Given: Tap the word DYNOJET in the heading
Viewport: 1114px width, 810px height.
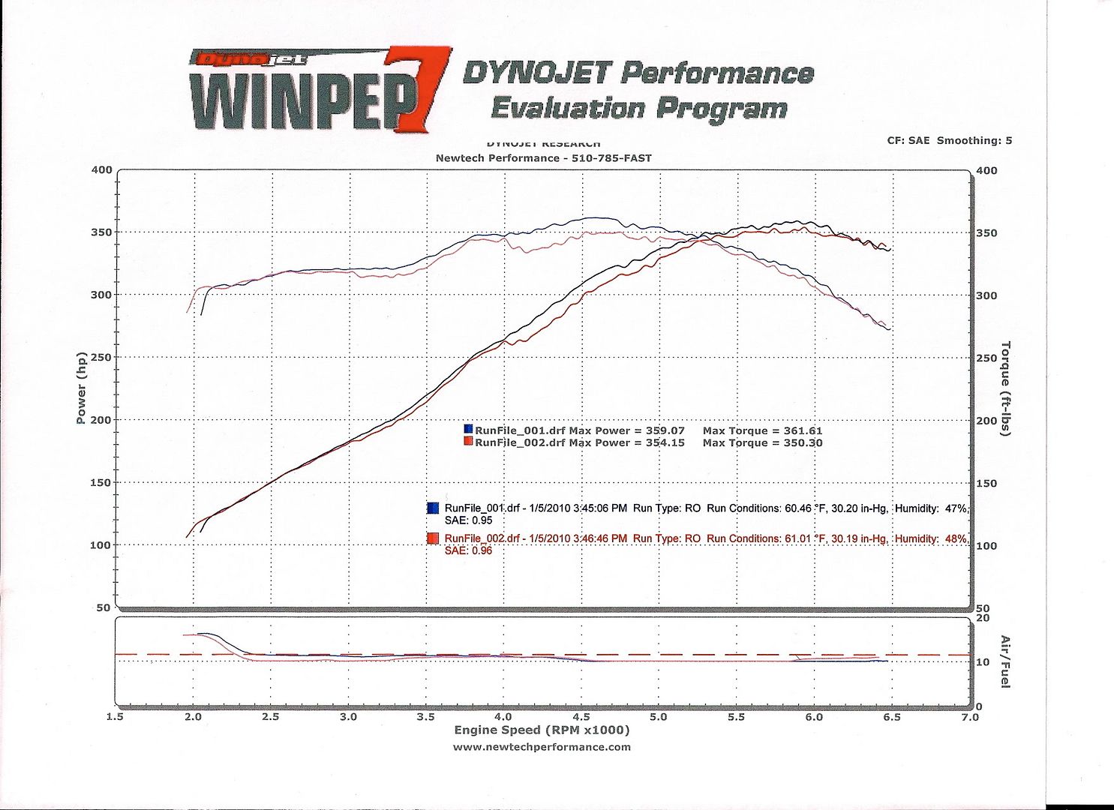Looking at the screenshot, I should (x=536, y=73).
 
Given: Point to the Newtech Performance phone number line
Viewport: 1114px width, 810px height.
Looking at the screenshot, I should (x=543, y=158).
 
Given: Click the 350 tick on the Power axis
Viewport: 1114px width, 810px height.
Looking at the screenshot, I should (x=101, y=232).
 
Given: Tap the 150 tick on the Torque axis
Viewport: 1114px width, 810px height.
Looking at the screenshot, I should (x=986, y=483).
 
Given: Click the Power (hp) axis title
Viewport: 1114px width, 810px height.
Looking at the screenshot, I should (x=81, y=387).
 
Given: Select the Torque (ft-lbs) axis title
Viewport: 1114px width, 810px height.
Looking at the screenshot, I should (x=1005, y=388).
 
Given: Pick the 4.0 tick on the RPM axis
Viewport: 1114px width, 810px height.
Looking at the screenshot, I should (x=503, y=717).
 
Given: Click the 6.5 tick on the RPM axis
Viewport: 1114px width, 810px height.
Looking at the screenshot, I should (x=891, y=717).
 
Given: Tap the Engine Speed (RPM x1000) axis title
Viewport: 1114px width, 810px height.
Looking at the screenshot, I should (x=542, y=730).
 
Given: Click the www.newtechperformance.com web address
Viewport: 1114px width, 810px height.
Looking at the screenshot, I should (x=542, y=747).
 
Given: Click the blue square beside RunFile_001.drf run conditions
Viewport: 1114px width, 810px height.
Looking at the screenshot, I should (x=433, y=508).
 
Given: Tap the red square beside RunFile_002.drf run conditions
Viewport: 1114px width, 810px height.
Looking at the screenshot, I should (x=433, y=538).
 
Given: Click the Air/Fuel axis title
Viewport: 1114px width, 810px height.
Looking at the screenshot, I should (x=1005, y=661).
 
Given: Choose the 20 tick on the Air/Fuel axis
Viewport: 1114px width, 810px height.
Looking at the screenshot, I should (x=982, y=618).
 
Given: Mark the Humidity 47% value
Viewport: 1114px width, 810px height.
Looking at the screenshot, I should (x=956, y=508).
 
